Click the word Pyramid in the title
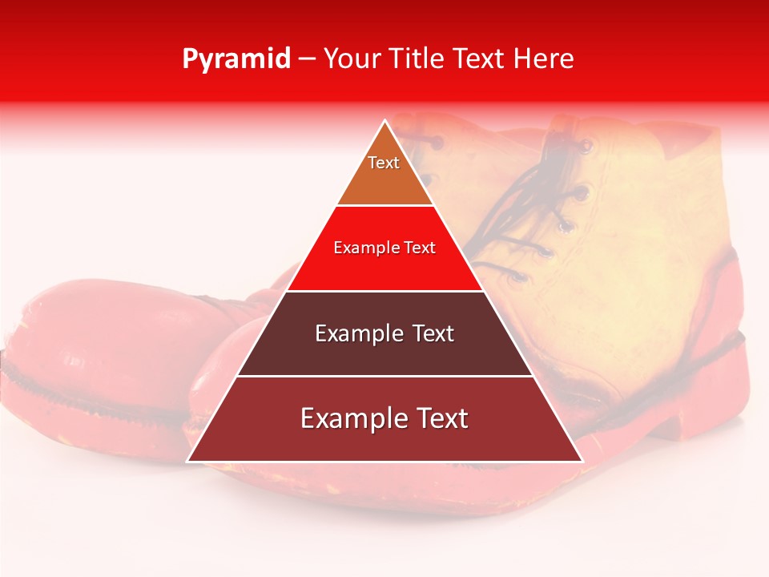236,59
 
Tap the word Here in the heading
544,59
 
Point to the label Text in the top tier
384,163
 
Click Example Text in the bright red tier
384,248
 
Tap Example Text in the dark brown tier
384,333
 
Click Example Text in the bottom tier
384,418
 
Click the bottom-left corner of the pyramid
190,460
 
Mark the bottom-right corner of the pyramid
580,460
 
